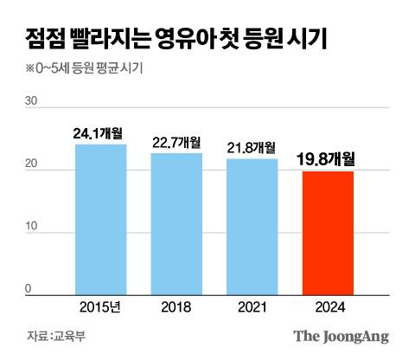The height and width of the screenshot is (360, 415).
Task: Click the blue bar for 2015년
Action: (x=100, y=219)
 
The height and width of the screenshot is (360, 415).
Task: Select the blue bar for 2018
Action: (x=176, y=223)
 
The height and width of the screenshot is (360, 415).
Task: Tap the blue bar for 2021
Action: (x=252, y=226)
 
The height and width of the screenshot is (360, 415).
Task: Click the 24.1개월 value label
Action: (x=100, y=134)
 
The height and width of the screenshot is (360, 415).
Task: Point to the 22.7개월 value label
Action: (x=176, y=143)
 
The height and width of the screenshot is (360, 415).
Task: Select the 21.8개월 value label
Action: (x=252, y=148)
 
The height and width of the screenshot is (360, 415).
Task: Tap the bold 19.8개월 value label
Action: (x=327, y=158)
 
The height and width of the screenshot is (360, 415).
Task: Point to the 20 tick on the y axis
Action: (x=32, y=164)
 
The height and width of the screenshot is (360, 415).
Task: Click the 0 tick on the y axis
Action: (x=28, y=289)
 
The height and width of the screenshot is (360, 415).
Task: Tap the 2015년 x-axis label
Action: (x=100, y=306)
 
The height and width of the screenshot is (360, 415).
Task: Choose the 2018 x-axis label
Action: (x=176, y=306)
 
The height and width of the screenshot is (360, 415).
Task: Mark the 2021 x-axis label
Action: (x=252, y=306)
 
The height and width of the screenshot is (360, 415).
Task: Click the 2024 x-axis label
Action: (x=327, y=306)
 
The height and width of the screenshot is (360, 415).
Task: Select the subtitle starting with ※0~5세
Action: (x=83, y=69)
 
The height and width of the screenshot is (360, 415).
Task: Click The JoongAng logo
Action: (x=341, y=337)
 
